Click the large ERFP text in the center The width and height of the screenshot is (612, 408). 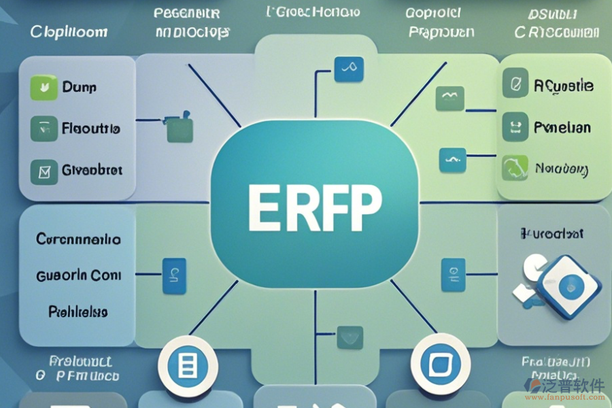click(x=315, y=205)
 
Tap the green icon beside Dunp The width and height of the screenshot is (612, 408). click(x=44, y=87)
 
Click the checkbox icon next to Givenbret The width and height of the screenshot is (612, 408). click(x=44, y=172)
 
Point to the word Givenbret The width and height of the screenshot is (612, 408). click(x=92, y=170)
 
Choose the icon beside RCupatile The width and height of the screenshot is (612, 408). click(x=515, y=84)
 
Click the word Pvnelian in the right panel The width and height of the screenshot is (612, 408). click(x=562, y=127)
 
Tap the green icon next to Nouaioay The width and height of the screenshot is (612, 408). click(x=515, y=167)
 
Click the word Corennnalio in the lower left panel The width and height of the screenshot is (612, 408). click(x=78, y=239)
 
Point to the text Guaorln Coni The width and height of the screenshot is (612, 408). click(x=78, y=275)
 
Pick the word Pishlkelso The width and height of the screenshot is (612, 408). click(x=78, y=311)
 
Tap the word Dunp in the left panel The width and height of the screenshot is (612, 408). click(x=80, y=87)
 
